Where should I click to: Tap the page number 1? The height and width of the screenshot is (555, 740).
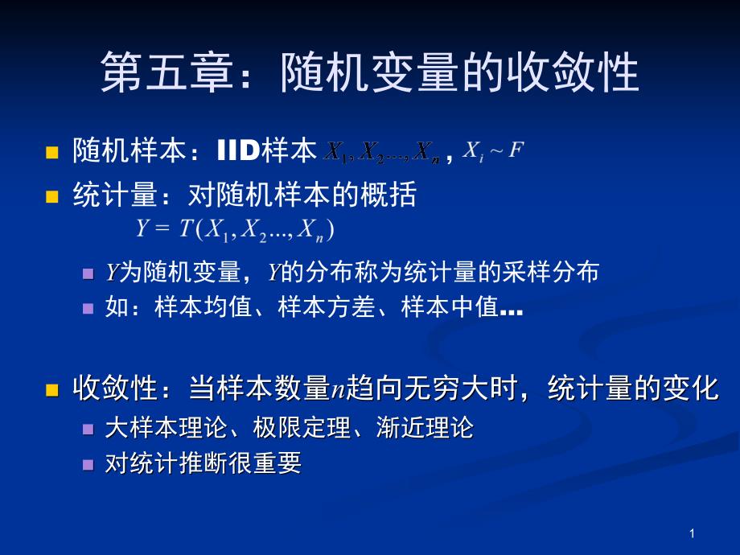tap(692, 533)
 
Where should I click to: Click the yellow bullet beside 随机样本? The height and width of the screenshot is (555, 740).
tap(53, 152)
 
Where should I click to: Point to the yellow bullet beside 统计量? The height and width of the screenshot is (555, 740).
tap(53, 196)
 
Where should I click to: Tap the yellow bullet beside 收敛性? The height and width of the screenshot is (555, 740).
tap(53, 391)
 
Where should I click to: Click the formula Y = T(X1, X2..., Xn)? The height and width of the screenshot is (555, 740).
tap(235, 229)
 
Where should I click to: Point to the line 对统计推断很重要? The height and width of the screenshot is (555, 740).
tap(203, 463)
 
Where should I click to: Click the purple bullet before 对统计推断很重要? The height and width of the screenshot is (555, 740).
tap(88, 464)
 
